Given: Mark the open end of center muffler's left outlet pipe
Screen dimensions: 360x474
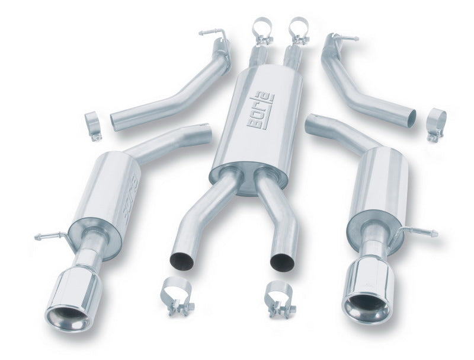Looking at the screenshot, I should (x=180, y=259).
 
